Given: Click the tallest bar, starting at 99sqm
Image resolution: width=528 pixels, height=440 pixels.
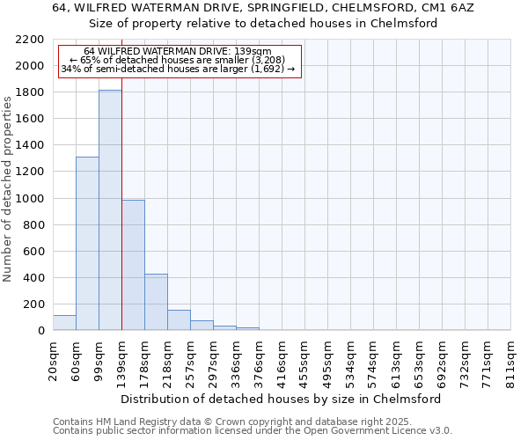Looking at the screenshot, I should (110, 211).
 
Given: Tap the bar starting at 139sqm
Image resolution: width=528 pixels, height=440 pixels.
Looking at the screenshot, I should (133, 265).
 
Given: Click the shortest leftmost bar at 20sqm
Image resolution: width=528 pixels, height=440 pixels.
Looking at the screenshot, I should (64, 323).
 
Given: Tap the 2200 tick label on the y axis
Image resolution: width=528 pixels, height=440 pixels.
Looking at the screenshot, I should (30, 40).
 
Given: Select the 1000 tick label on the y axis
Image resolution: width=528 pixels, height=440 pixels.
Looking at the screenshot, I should (30, 199).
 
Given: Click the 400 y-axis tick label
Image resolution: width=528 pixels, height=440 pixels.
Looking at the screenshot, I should (33, 278).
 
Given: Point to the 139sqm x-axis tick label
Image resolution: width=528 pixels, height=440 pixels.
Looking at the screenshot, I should (121, 361).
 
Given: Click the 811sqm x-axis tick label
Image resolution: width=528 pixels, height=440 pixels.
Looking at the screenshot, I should (510, 361).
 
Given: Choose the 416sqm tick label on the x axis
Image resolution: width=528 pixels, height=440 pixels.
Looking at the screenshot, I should (282, 361).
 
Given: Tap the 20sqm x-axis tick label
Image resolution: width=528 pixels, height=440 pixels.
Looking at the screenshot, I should (53, 361).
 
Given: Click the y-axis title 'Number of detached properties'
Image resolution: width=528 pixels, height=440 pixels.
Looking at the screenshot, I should (8, 185).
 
